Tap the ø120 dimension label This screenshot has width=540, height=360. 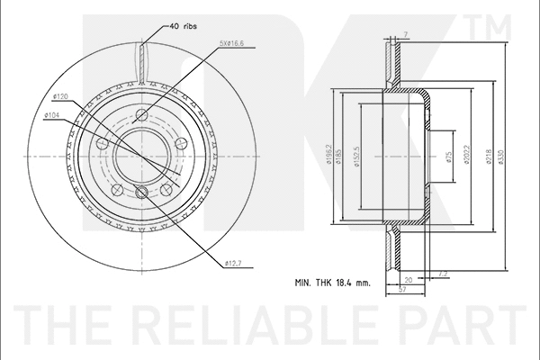[62, 95]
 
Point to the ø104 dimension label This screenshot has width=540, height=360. [52, 114]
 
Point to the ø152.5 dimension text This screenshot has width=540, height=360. [358, 158]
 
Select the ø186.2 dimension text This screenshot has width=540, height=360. [332, 158]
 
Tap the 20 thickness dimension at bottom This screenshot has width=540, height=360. [408, 279]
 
